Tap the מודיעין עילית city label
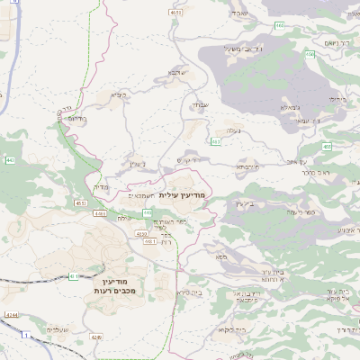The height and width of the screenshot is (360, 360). click(x=183, y=195)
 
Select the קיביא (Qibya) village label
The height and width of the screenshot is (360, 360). click(x=120, y=94)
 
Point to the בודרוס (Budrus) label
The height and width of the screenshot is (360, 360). click(x=76, y=119)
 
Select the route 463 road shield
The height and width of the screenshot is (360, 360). click(x=215, y=141)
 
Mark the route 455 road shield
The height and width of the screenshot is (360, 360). click(x=327, y=146)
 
